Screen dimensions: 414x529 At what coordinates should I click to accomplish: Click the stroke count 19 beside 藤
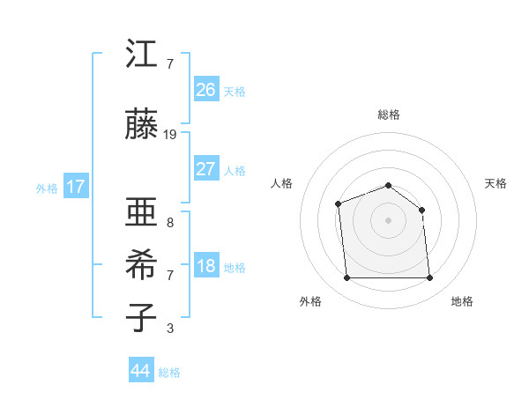coord(170,135)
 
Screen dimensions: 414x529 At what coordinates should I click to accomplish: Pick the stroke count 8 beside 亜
coord(170,223)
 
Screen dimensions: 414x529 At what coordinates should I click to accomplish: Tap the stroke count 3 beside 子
coord(170,329)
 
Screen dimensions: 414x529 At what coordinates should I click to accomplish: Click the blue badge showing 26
coord(205,90)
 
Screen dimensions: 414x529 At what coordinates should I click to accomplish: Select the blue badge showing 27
coord(205,169)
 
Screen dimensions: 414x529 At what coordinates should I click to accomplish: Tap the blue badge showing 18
coord(205,266)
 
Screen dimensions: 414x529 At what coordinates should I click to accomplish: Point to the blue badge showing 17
coord(76,187)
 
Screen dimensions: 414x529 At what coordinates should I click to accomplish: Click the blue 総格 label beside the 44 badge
coord(169,373)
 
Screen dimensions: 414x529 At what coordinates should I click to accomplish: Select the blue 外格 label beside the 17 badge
coord(47,188)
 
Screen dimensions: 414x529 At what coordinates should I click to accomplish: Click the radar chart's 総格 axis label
coord(389,115)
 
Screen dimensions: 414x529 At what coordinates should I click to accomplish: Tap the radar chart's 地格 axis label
coord(462,301)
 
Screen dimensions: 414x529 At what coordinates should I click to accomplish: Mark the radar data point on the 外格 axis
coord(347,278)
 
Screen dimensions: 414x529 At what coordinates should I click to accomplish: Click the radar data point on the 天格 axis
coord(422,210)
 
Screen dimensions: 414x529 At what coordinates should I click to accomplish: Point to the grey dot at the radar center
coord(389,219)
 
